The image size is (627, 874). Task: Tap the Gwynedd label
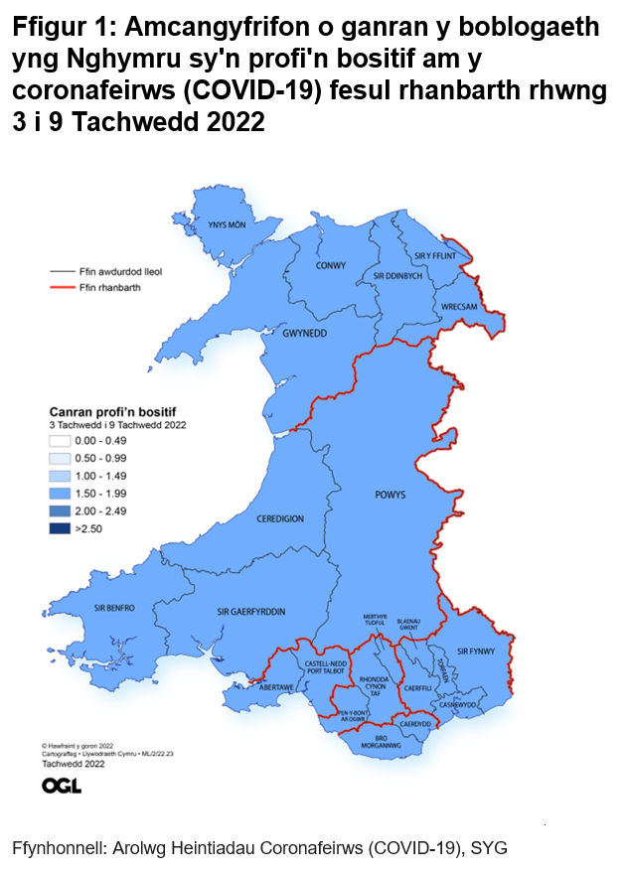pos(303,334)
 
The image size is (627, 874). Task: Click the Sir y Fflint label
pos(433,255)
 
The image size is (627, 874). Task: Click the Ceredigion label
pos(280,518)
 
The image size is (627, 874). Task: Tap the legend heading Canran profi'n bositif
pos(119,409)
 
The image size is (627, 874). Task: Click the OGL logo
pos(62,786)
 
